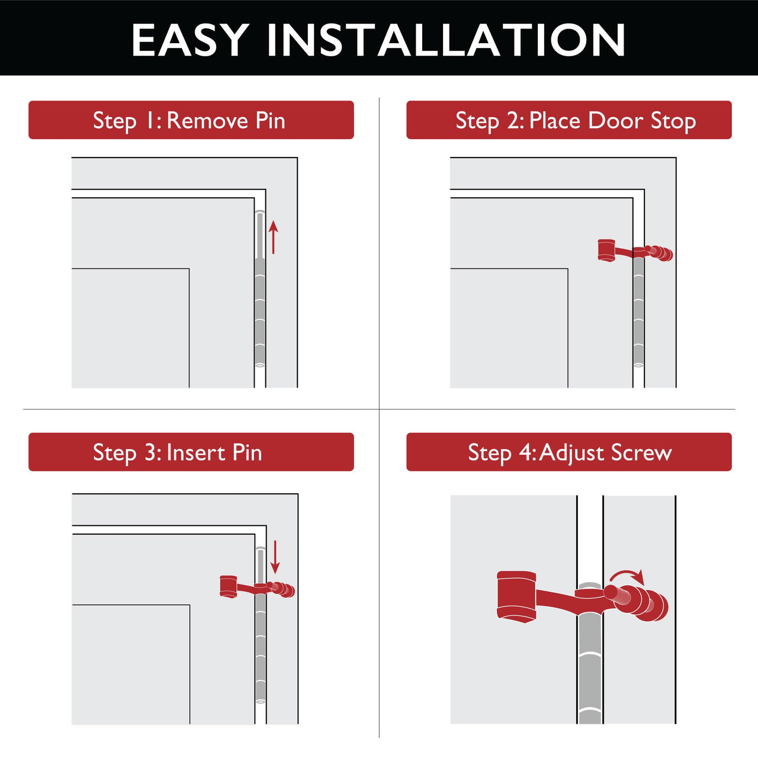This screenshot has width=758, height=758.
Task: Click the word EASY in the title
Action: tap(189, 40)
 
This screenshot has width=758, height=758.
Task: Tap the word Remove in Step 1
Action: tap(207, 120)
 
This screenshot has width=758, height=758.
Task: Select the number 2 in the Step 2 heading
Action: tap(513, 120)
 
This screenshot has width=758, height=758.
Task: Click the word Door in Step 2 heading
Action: tap(616, 120)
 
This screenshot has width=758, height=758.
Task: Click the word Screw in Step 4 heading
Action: tap(641, 452)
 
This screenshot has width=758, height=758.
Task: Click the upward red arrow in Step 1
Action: tap(273, 237)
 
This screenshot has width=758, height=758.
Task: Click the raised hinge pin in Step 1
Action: tap(259, 235)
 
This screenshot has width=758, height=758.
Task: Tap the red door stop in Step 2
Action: tap(634, 251)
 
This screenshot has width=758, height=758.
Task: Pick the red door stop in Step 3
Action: tap(256, 587)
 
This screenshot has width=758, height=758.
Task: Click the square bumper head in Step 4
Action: tap(516, 596)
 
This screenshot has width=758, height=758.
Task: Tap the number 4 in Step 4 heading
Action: tap(526, 452)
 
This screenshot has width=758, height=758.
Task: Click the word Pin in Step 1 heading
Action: tap(271, 120)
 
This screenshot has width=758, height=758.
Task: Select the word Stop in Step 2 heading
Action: tap(673, 120)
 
